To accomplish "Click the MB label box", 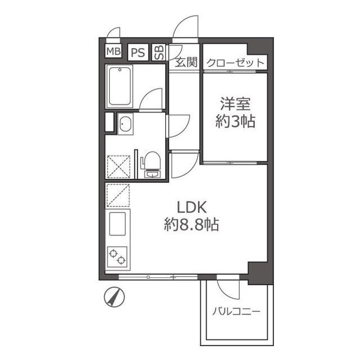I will pyautogui.click(x=114, y=52).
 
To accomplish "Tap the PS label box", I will pyautogui.click(x=138, y=52).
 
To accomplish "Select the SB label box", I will pyautogui.click(x=159, y=52).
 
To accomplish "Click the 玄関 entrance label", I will pyautogui.click(x=186, y=62).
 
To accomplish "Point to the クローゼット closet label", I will pyautogui.click(x=235, y=62).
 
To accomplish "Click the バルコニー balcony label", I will pyautogui.click(x=236, y=311).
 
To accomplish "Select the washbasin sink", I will pyautogui.click(x=124, y=124).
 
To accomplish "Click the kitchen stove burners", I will pyautogui.click(x=118, y=256).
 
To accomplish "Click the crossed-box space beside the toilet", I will pyautogui.click(x=119, y=166).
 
